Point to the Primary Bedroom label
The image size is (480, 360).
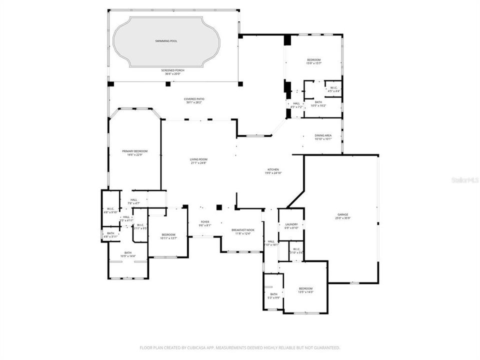[135, 152]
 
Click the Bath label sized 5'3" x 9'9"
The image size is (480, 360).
[273, 295]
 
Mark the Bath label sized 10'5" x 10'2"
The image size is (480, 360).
[318, 103]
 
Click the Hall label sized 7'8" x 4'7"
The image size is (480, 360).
[134, 201]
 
